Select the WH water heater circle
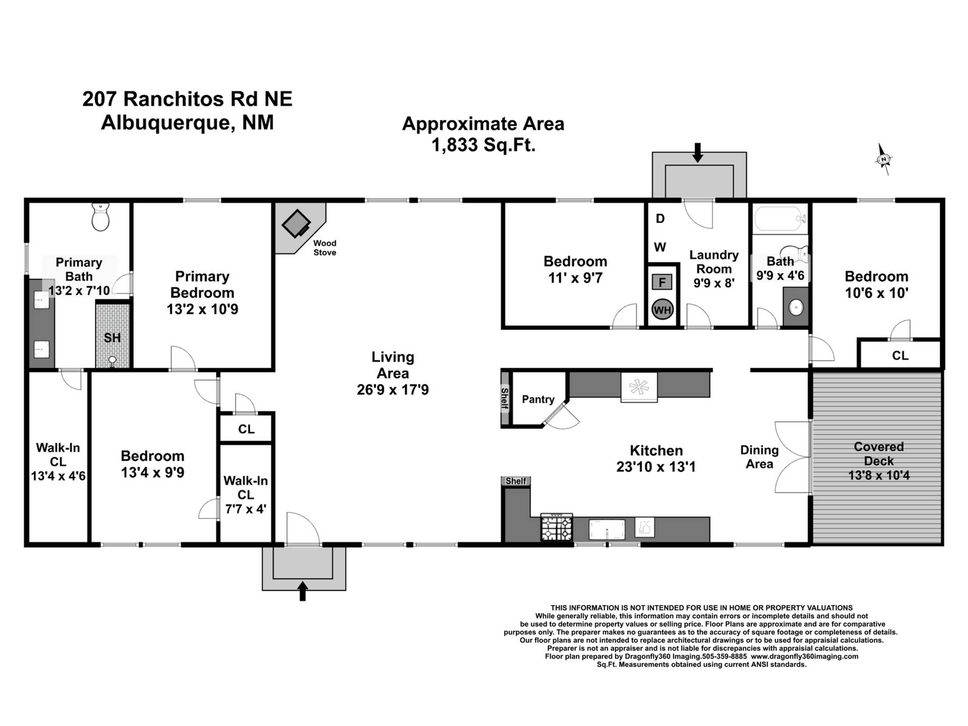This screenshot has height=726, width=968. [662, 310]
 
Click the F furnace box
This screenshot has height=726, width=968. [662, 282]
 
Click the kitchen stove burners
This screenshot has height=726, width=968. [557, 528]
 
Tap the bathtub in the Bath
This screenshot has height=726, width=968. [780, 219]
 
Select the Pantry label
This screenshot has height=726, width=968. [538, 399]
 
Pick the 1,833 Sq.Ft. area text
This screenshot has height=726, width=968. [484, 145]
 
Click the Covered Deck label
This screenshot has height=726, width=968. [879, 454]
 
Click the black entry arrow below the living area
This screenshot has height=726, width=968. [302, 591]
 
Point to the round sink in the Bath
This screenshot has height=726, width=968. [796, 308]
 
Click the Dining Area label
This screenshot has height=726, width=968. [759, 457]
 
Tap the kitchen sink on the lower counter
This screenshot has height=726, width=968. [607, 530]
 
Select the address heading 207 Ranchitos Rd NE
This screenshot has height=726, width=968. [187, 99]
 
